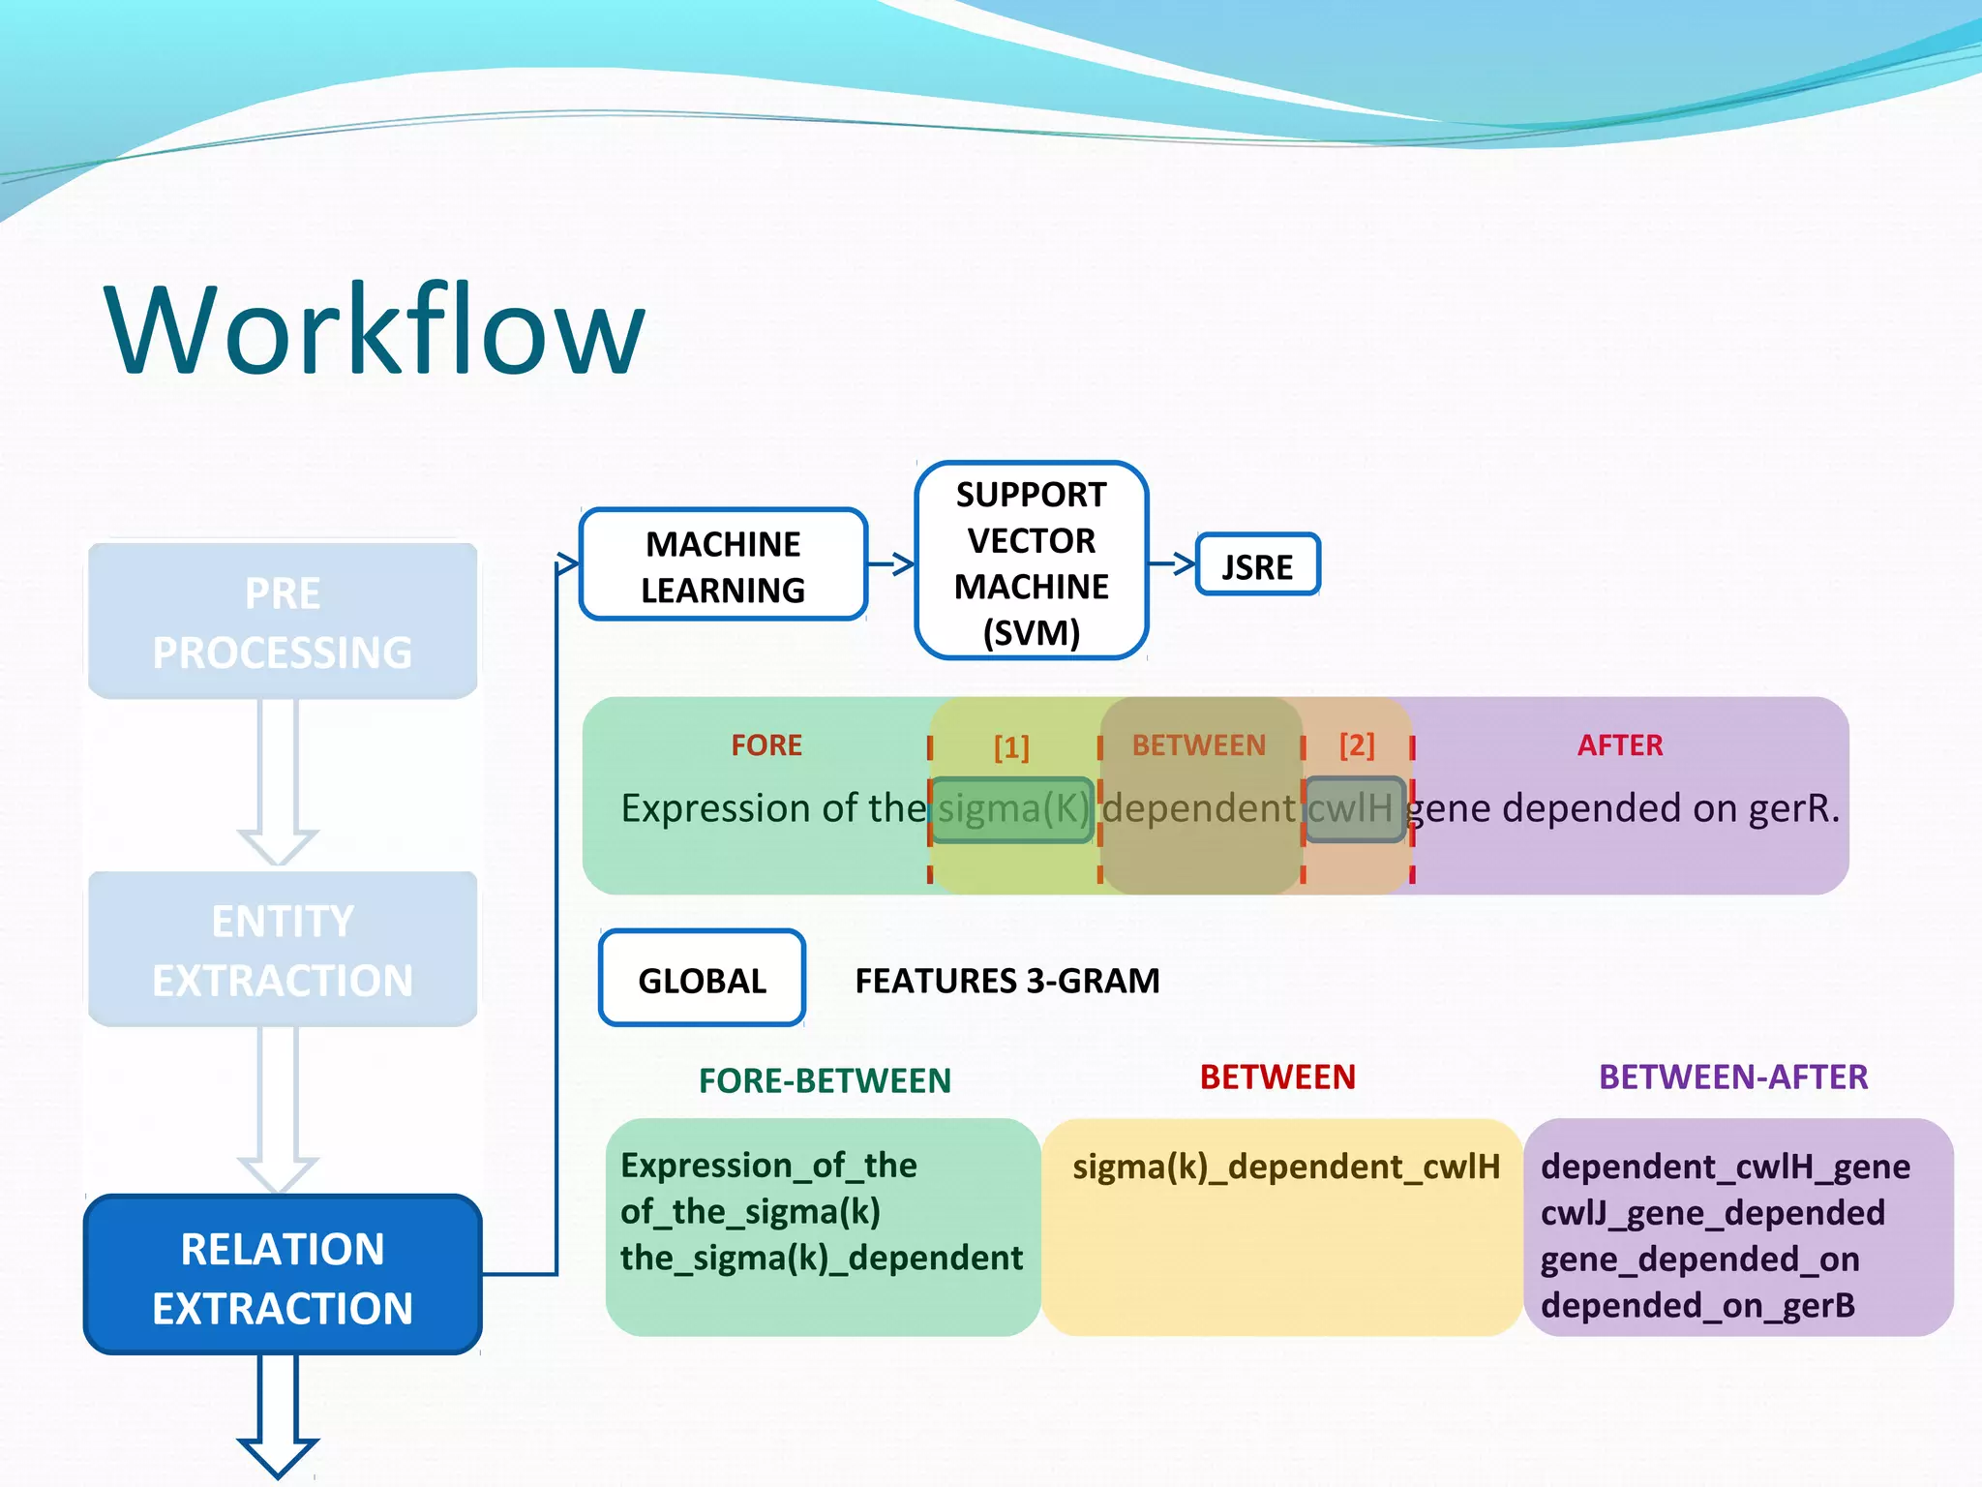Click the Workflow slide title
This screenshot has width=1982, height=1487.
375,330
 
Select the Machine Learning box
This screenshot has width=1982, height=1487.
723,565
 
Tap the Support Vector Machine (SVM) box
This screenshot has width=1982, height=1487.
1031,562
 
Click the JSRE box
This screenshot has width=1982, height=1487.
1257,565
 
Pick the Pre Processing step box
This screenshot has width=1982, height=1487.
283,622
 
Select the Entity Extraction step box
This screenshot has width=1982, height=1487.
283,950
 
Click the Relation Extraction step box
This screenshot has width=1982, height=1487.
283,1276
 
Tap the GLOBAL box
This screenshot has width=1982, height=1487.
702,980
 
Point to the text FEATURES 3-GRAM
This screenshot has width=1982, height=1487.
1006,981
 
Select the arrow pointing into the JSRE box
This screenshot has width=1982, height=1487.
1172,562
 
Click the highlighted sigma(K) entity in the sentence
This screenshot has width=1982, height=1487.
1012,808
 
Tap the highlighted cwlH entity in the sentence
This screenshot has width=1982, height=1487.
1353,808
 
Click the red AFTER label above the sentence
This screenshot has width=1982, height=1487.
1619,744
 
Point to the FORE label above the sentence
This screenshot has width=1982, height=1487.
766,744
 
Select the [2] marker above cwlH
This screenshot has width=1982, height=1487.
1356,744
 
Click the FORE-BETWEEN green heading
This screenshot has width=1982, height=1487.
825,1080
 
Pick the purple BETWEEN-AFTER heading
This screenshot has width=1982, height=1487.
1732,1077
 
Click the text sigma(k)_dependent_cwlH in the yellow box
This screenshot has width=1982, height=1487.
1285,1167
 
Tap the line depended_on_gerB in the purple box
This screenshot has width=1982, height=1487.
1697,1306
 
